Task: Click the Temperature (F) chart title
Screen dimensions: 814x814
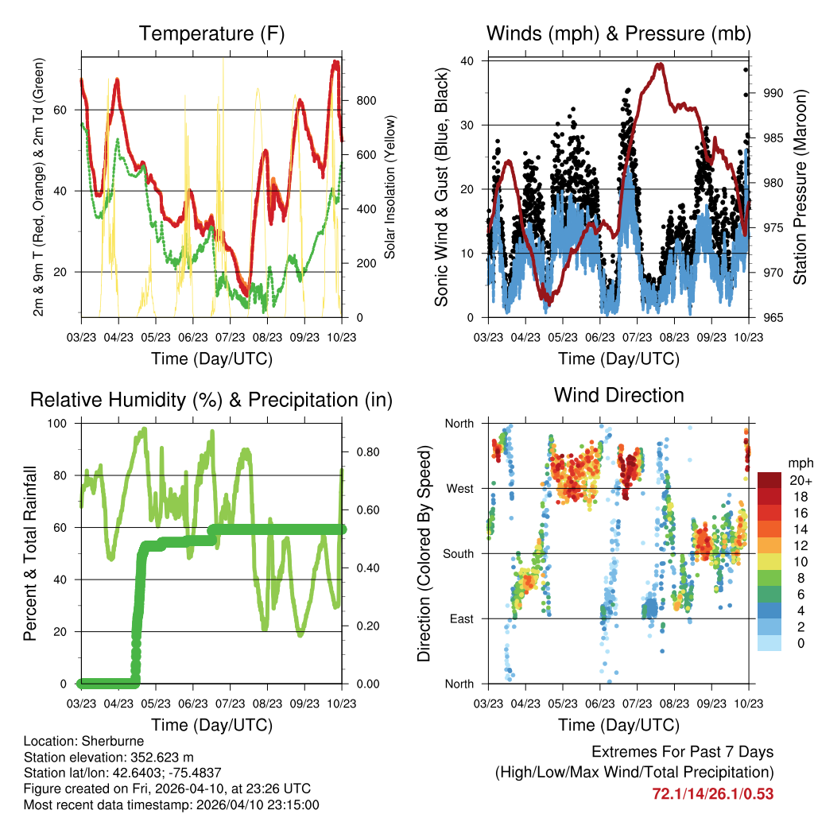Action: (x=211, y=34)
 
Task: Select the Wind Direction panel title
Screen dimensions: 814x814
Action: (x=618, y=395)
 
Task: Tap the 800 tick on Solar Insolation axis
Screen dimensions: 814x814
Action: (x=366, y=100)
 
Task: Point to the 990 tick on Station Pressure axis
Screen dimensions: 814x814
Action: (x=773, y=93)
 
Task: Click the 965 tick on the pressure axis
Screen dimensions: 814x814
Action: (x=773, y=318)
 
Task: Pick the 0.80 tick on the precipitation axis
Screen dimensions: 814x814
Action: (x=366, y=452)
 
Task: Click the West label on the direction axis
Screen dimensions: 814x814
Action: (x=459, y=489)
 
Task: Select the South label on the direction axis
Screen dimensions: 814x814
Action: (x=458, y=554)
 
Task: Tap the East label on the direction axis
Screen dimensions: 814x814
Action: (x=461, y=619)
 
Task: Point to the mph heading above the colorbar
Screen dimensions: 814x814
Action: (x=798, y=463)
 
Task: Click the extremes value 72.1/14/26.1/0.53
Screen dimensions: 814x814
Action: (x=712, y=793)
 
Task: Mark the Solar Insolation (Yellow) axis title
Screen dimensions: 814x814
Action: (x=390, y=188)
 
